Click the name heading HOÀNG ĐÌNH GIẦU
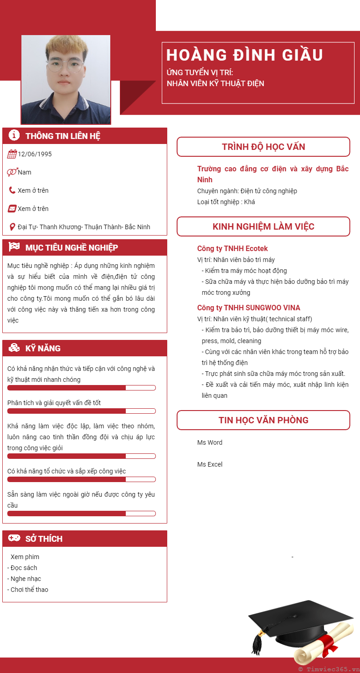click(245, 55)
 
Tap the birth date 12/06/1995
click(35, 154)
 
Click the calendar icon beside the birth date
click(12, 154)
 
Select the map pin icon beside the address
click(12, 227)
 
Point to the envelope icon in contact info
click(12, 209)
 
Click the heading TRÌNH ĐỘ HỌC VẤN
click(263, 147)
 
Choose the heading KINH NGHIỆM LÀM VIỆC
click(263, 226)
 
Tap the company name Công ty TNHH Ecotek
click(232, 248)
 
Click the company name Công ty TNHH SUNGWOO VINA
click(248, 308)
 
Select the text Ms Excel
click(210, 464)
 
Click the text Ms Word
click(210, 442)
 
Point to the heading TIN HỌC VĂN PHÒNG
click(263, 420)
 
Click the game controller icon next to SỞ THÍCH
click(14, 538)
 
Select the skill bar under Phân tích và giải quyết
click(82, 411)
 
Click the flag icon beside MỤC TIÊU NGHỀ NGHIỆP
click(14, 247)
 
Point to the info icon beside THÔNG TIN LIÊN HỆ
click(14, 135)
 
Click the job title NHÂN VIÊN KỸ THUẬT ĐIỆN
click(215, 83)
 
